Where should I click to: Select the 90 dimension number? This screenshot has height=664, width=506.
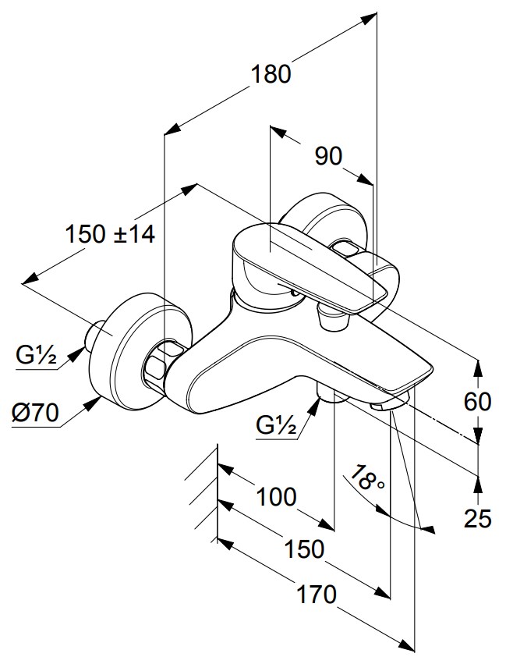(328, 156)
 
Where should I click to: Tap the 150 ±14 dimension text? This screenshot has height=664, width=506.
(110, 233)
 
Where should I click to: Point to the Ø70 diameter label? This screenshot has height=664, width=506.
(35, 412)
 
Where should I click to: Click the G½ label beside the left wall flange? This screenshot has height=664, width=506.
(37, 356)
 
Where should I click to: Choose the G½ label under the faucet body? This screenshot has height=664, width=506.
(276, 425)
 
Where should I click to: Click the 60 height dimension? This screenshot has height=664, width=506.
(478, 401)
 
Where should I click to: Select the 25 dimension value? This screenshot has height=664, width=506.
(478, 518)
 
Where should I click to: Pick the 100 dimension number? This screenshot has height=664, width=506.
(277, 496)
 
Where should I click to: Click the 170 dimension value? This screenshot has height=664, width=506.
(316, 594)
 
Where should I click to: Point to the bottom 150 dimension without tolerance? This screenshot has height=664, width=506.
(304, 549)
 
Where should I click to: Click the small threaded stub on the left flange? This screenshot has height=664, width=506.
(94, 334)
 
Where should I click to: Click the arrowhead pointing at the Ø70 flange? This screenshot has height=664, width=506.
(91, 404)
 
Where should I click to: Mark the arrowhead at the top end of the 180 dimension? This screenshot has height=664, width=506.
(369, 19)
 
